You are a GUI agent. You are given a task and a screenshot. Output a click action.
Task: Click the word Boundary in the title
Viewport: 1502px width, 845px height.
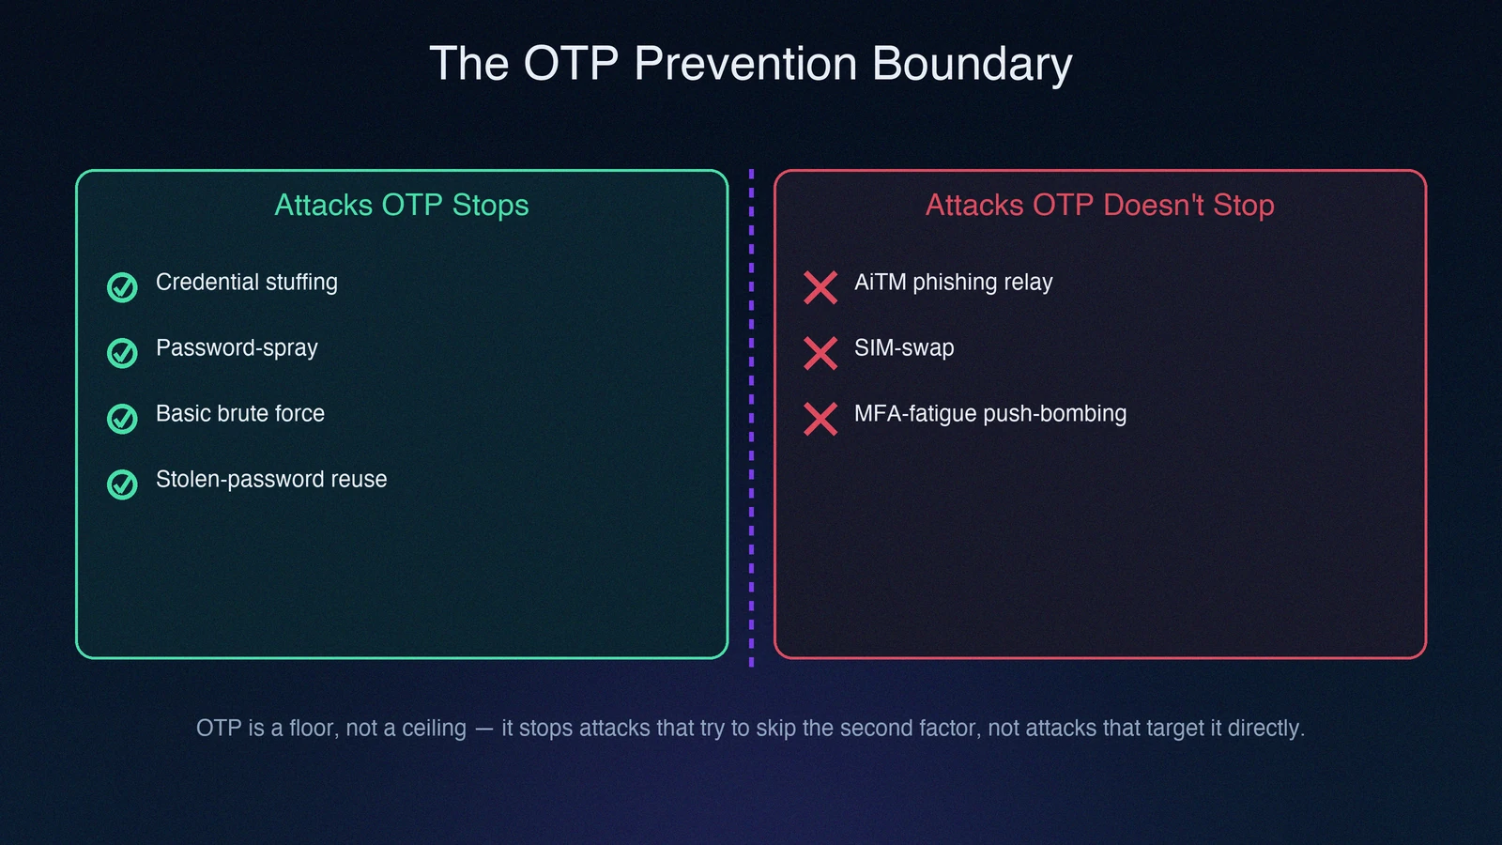coord(972,64)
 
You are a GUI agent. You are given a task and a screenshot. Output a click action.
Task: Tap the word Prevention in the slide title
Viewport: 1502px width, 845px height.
coord(745,63)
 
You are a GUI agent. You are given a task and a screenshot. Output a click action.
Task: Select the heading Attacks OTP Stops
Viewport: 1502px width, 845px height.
coord(402,206)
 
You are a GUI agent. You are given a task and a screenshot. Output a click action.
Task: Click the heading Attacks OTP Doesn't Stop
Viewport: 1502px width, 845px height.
coord(1099,206)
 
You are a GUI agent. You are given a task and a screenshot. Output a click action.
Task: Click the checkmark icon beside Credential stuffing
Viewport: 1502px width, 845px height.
coord(122,287)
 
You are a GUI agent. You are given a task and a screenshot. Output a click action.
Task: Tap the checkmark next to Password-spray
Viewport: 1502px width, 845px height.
coord(122,353)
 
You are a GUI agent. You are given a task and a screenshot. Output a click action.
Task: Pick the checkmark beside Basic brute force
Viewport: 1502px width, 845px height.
coord(122,419)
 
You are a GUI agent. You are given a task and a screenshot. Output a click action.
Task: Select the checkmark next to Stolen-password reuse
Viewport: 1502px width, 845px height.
coord(122,484)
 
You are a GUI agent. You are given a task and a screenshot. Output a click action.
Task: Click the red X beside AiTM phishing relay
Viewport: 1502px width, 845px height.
coord(820,287)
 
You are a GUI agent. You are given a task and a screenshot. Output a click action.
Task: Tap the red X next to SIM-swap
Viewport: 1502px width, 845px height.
coord(820,353)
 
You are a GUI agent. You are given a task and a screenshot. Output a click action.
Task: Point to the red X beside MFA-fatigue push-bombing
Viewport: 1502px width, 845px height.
coord(820,419)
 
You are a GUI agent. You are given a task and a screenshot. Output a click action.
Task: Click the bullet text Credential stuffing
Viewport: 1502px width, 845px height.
coord(247,283)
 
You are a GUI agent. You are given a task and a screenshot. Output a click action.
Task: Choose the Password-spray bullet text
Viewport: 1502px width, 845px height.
coord(237,348)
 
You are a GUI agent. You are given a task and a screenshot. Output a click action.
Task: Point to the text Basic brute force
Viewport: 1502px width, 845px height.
coord(240,414)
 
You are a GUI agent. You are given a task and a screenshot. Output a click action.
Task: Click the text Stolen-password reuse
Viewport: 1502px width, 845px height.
coord(271,480)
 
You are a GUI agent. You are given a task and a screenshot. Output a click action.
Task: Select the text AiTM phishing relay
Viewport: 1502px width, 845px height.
coord(954,283)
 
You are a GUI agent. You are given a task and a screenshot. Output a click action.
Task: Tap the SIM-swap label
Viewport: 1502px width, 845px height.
coord(904,348)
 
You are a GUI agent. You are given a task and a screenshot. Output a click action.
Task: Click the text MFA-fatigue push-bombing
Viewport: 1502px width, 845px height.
coord(990,414)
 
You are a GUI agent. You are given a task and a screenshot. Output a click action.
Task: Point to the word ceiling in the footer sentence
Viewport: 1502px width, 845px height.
coord(434,729)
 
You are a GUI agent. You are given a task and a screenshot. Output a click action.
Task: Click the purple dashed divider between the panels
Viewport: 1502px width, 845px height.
coord(751,418)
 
